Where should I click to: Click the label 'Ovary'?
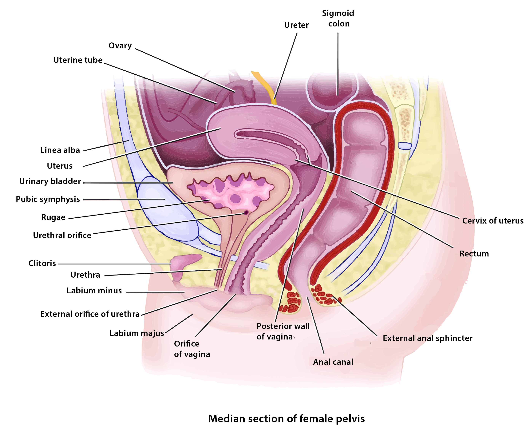120,46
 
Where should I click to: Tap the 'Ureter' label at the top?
296,25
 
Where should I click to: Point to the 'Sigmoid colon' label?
338,18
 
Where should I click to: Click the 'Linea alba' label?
60,150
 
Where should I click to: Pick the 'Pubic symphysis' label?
48,199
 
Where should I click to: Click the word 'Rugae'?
53,217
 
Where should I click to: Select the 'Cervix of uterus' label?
492,221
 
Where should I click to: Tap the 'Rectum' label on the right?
474,254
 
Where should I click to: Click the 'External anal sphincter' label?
427,338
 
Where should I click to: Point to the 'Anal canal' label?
333,362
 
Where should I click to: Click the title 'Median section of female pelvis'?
287,419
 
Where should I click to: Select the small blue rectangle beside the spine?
405,146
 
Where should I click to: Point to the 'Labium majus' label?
136,333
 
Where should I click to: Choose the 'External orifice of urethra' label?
90,314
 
